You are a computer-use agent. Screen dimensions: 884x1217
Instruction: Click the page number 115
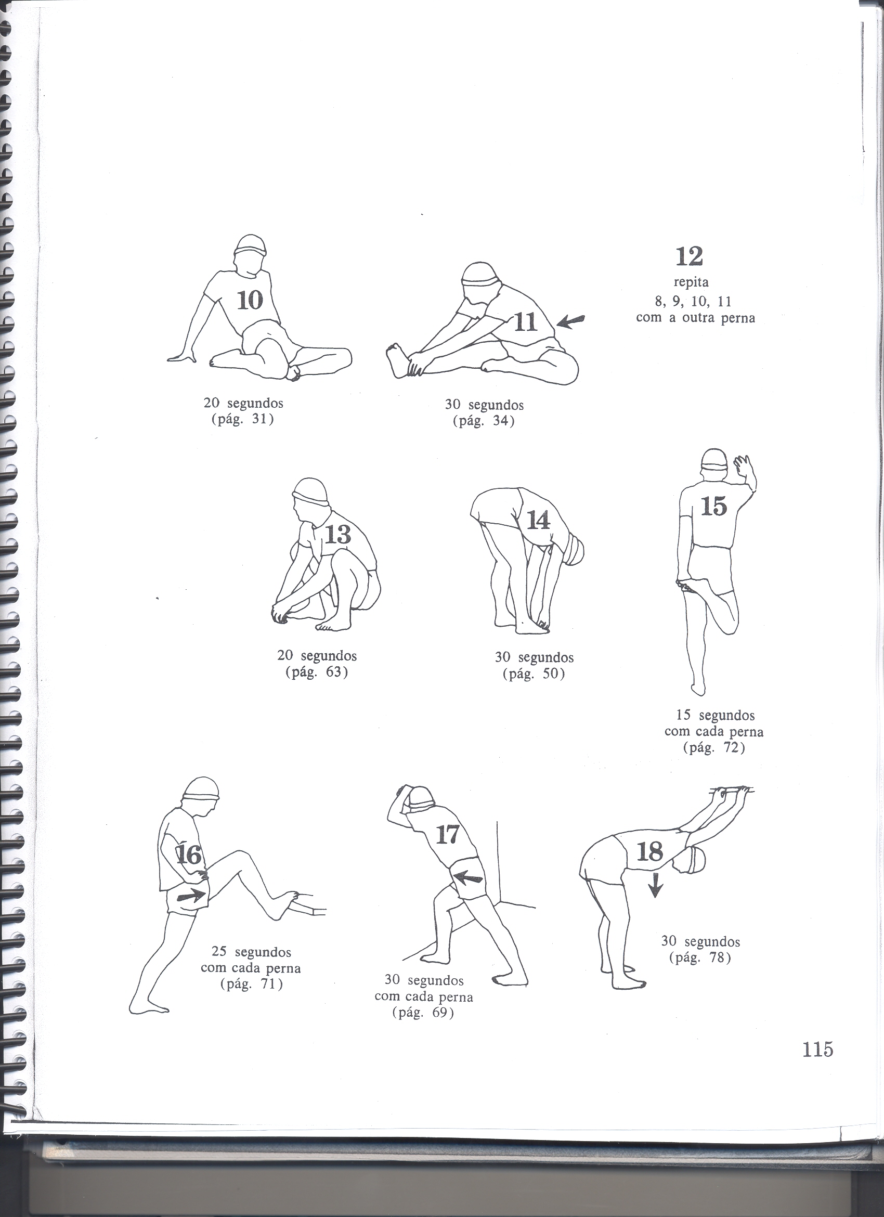coord(817,1064)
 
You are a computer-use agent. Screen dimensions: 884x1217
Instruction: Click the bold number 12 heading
coord(690,256)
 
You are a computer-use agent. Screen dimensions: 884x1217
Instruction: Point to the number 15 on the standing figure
coord(713,506)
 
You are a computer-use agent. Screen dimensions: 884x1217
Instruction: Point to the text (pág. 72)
coord(714,748)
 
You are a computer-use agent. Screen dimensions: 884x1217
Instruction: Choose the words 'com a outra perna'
coord(695,318)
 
